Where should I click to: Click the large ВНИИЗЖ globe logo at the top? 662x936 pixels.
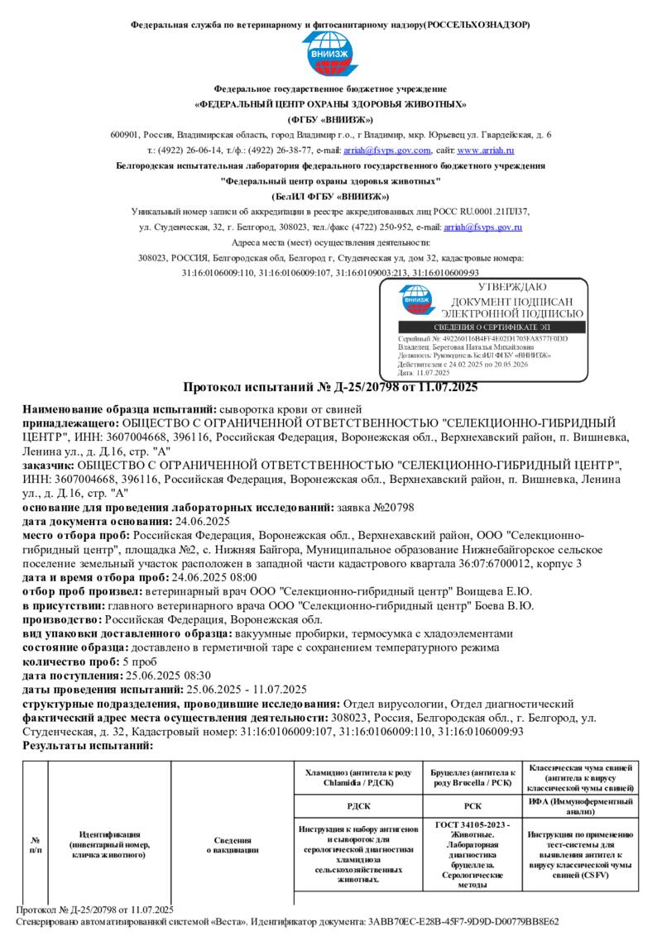click(329, 55)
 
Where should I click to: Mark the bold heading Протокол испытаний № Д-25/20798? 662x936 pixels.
click(330, 387)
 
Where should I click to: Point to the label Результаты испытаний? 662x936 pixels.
click(88, 746)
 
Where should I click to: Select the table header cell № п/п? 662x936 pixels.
click(35, 844)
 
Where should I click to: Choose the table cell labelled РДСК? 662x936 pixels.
click(357, 805)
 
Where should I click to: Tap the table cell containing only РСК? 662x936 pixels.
click(472, 805)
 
